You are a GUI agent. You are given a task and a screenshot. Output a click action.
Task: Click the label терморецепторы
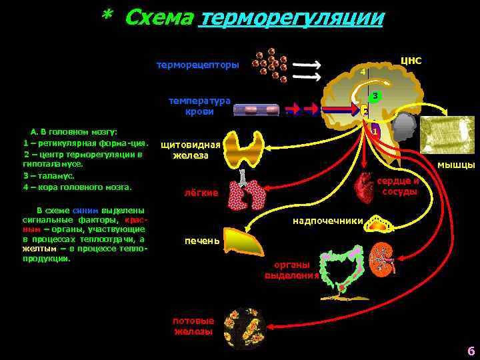pos(197,65)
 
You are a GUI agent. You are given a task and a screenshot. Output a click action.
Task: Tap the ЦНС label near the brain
pos(411,61)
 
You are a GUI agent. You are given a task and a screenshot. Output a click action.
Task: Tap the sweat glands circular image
pos(245,328)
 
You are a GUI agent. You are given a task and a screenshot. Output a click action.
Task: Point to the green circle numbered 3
pos(376,97)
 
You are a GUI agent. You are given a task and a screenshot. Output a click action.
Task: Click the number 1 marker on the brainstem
pos(375,132)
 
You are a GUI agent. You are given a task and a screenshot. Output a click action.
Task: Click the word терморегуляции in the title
pos(291,17)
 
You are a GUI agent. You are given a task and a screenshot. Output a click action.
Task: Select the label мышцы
pos(456,165)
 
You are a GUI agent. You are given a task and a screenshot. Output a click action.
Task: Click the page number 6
pos(471,351)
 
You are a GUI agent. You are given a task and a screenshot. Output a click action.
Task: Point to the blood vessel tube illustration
pos(256,110)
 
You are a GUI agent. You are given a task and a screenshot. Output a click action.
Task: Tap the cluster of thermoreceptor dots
pos(273,64)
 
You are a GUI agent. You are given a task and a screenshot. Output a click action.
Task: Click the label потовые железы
pos(193,325)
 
